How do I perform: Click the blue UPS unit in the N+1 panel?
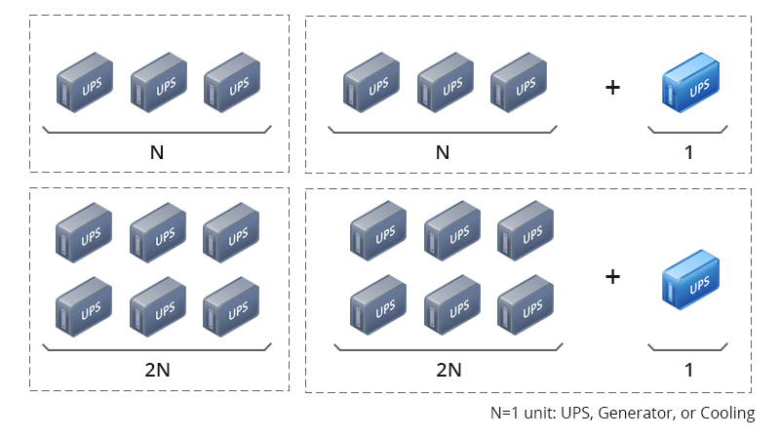690,83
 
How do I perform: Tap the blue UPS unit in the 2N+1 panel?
690,280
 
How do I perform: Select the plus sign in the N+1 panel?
613,88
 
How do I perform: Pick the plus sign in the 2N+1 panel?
613,277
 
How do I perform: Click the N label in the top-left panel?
157,152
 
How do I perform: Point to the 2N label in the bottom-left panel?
157,370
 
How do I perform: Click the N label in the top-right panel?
443,152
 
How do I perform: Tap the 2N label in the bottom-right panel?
448,370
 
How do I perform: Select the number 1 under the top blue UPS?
688,152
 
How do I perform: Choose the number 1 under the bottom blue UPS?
688,370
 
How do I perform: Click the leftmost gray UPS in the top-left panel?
85,83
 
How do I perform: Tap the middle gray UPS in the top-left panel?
159,83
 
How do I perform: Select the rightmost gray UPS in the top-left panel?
232,83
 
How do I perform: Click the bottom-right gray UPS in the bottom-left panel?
231,307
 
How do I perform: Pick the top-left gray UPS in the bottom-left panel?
84,232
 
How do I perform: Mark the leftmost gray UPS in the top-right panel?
371,83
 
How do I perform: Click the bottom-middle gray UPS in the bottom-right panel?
452,305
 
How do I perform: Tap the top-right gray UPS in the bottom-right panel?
526,231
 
